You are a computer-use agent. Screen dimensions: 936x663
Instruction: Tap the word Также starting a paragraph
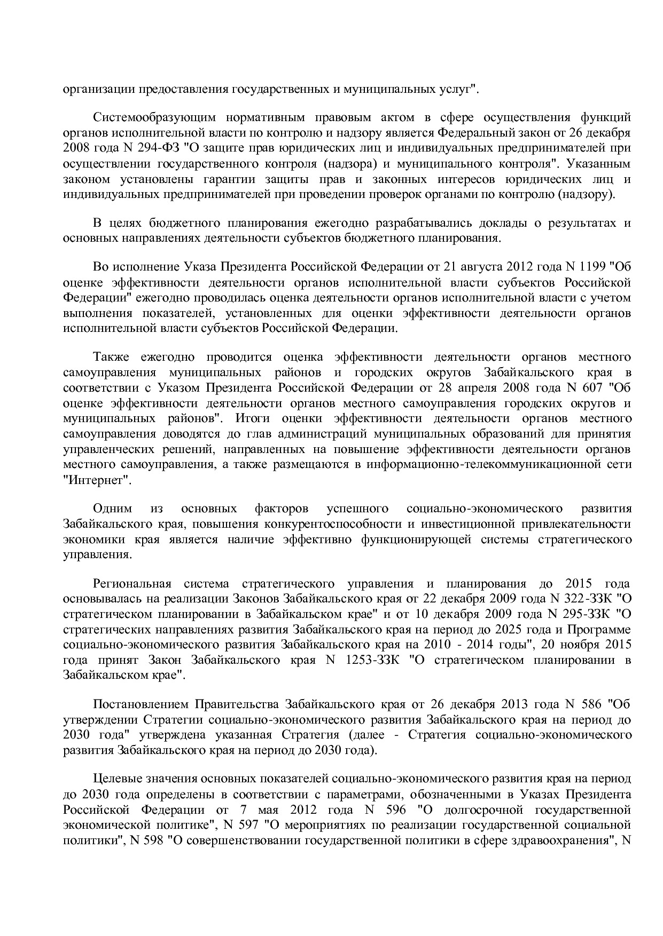[x=109, y=357]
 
